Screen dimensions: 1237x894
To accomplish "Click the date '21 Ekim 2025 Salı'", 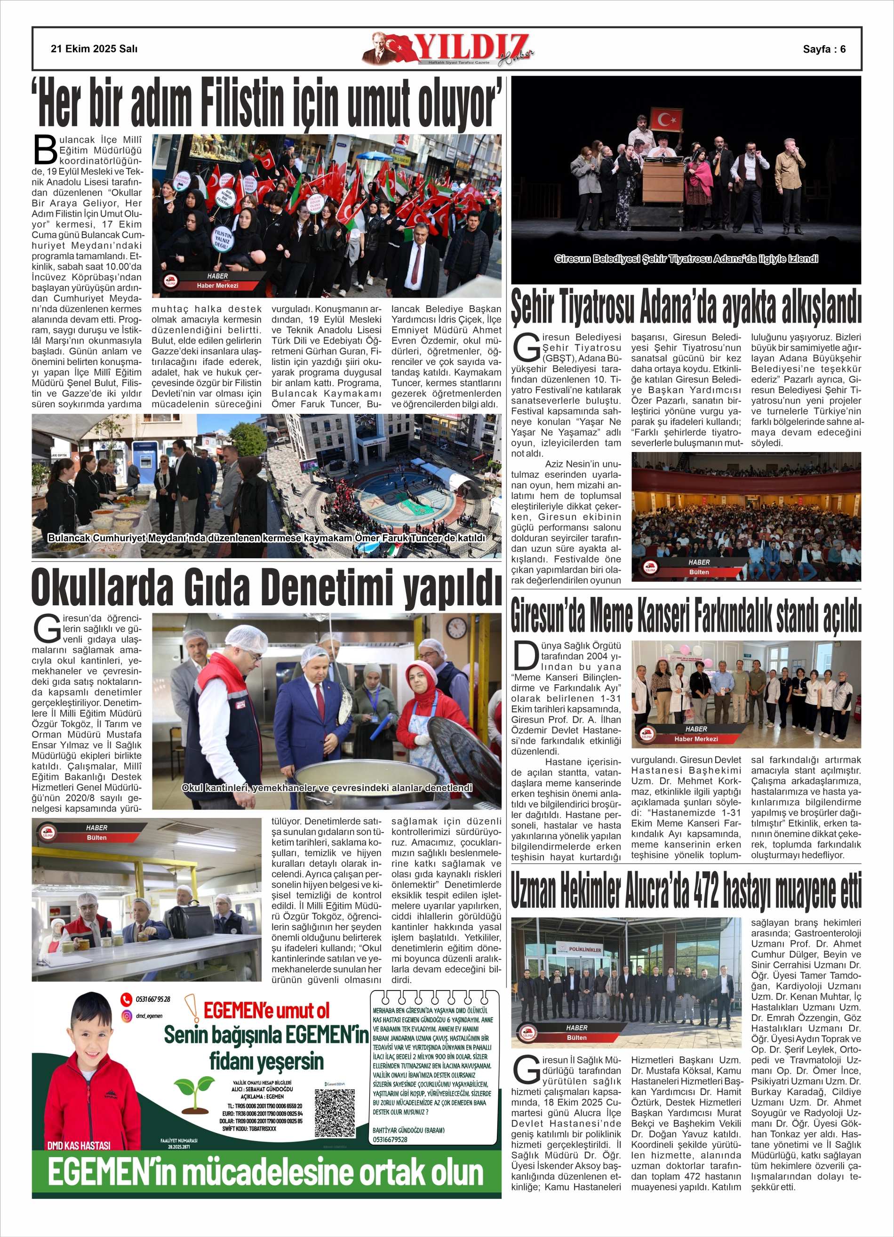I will tap(94, 48).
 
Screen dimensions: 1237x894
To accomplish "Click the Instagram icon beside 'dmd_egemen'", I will tap(127, 1015).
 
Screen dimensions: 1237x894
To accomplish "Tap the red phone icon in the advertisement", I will tap(126, 999).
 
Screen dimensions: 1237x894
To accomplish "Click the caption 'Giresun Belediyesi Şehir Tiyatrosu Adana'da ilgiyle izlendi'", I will tap(686, 259).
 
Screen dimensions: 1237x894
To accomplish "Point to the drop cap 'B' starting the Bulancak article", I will tap(45, 149).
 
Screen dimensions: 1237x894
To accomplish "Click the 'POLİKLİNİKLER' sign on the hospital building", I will tap(584, 950).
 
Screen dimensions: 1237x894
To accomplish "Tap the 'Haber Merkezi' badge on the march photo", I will tap(217, 285).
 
